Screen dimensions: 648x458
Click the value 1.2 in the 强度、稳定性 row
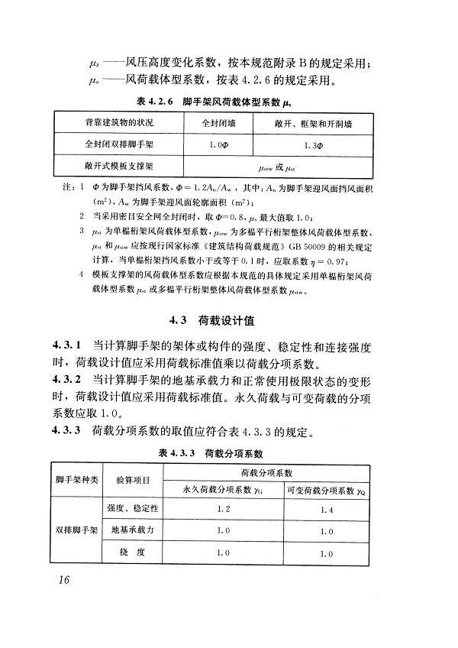point(224,508)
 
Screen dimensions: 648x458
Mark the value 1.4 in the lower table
point(328,508)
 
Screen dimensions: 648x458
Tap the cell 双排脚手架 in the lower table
point(76,530)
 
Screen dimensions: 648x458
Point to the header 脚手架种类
point(76,480)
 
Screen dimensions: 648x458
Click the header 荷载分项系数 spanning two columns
point(276,473)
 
